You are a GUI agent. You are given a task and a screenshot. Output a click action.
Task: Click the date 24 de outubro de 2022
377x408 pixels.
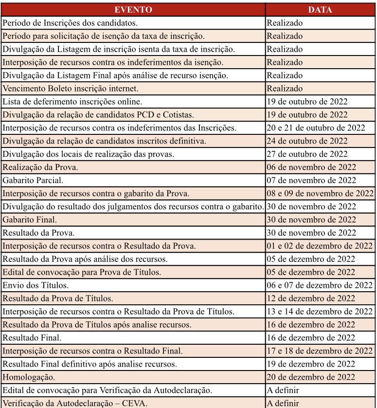click(307, 141)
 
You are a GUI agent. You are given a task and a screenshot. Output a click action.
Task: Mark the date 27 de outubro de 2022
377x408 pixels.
click(307, 154)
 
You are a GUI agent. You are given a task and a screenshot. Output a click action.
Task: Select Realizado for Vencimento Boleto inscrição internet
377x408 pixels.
click(285, 89)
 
